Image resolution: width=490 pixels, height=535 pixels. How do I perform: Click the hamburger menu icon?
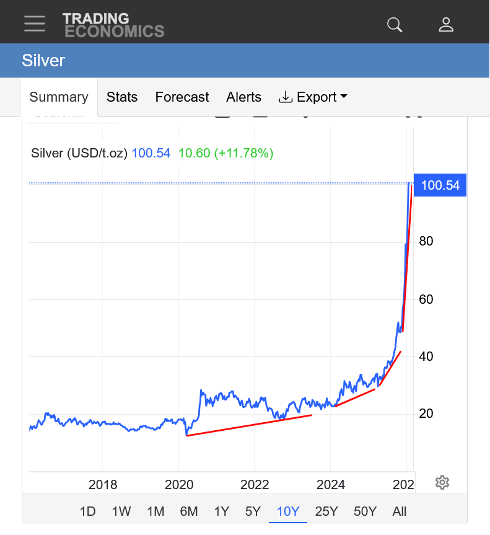[35, 24]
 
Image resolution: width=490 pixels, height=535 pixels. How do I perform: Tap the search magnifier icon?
[395, 24]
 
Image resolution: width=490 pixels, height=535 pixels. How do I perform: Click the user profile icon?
[446, 24]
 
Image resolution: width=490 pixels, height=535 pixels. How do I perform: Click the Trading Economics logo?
[113, 25]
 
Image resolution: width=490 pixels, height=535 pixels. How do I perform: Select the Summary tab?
[59, 97]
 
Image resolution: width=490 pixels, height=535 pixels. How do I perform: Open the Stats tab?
[122, 97]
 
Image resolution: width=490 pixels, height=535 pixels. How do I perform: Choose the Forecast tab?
[182, 97]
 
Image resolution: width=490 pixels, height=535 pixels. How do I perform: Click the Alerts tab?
[243, 97]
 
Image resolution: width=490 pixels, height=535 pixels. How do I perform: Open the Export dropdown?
[313, 97]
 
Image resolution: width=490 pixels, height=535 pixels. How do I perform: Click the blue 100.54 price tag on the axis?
[440, 185]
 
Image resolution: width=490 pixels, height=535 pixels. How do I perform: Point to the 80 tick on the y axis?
[426, 241]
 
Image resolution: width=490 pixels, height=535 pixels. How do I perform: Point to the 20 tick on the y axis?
[426, 414]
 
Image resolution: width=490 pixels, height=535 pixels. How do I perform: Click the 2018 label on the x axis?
[103, 485]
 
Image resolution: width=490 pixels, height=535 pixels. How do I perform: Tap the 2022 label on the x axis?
[255, 485]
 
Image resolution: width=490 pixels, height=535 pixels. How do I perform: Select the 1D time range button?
[88, 511]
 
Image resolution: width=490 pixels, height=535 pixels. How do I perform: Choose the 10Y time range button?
[288, 511]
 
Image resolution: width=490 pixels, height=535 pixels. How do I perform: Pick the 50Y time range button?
[365, 511]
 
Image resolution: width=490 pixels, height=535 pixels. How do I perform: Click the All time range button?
[400, 511]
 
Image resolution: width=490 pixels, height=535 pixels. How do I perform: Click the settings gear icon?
[442, 482]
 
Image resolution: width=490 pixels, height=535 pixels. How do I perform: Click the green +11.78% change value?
[243, 153]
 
